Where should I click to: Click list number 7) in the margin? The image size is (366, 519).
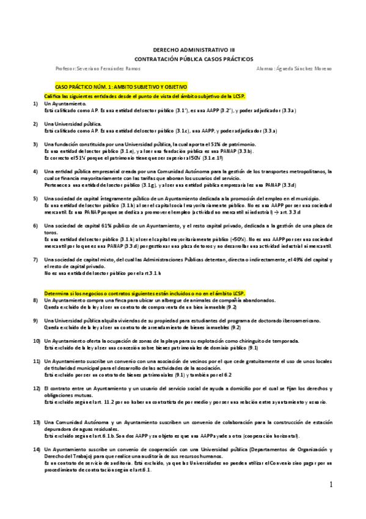tap(35, 260)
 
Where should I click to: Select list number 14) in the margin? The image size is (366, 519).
tap(37, 449)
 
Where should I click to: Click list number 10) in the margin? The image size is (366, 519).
tap(37, 340)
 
